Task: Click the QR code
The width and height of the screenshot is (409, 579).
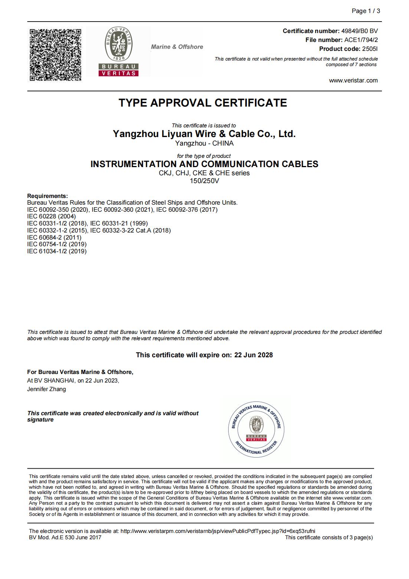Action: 55,55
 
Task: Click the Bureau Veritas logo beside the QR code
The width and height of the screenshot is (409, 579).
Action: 118,51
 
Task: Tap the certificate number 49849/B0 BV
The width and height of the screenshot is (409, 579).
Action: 359,31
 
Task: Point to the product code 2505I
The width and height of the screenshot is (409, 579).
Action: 370,49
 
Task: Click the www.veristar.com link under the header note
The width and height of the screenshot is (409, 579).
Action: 353,81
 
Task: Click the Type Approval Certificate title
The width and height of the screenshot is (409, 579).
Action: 203,103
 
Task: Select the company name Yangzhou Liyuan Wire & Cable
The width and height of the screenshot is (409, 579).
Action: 204,134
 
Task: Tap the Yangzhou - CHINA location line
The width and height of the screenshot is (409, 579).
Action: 204,143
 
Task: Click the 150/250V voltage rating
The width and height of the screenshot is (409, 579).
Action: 204,181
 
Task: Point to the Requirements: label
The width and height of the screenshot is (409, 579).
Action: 48,196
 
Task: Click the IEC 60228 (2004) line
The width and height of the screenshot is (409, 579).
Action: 52,217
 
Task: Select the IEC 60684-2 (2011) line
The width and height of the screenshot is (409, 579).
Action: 54,237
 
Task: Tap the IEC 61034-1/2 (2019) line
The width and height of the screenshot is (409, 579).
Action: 57,251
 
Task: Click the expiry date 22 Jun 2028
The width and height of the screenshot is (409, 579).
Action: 253,355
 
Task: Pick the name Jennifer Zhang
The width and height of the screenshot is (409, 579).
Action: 46,389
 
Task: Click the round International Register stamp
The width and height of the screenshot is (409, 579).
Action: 256,429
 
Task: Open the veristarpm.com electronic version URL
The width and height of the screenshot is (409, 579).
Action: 218,531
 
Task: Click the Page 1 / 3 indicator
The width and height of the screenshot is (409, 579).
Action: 366,11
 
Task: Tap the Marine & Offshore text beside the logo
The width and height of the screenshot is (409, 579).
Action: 177,47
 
